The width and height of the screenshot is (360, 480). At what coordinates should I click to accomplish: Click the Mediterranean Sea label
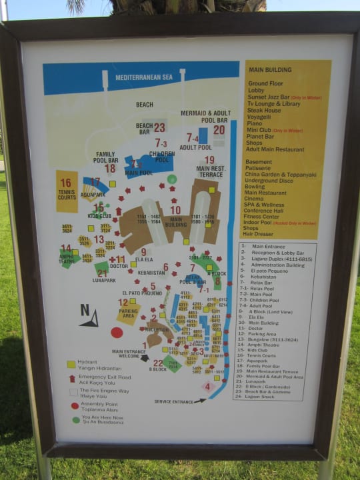143,78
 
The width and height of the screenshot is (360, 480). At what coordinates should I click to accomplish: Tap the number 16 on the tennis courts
65,183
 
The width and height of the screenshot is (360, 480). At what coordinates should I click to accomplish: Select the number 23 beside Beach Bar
159,127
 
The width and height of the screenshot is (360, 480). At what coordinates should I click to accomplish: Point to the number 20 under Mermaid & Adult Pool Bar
219,130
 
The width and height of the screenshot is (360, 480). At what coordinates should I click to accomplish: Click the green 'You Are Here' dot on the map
172,179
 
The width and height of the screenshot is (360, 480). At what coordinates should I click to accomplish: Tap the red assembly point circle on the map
117,332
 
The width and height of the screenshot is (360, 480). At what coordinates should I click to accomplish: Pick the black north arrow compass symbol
89,317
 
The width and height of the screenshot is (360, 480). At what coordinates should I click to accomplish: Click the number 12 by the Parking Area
123,303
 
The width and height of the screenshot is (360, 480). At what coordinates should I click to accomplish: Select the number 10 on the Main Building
175,210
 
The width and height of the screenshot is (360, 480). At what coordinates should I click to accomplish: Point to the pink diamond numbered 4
207,386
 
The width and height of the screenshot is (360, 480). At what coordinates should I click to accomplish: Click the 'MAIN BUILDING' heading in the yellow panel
269,70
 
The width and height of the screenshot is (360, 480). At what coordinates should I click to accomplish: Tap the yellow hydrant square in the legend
71,365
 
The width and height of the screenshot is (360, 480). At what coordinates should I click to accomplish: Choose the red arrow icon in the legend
72,378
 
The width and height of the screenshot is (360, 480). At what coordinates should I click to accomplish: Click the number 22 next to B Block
158,363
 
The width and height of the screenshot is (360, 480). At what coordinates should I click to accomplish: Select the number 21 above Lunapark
102,273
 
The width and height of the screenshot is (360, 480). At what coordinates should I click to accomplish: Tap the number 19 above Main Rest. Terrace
209,160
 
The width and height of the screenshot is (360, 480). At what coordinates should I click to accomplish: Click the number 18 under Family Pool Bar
109,169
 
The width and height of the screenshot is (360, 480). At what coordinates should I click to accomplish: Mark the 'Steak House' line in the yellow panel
264,110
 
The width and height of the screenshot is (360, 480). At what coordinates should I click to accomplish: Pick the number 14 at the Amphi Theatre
66,248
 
